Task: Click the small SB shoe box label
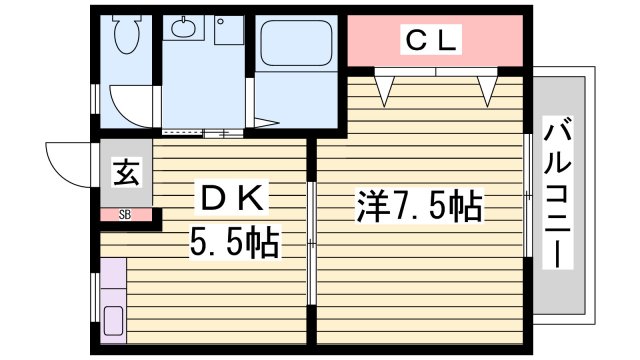click(125, 214)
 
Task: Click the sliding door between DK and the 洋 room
click(312, 243)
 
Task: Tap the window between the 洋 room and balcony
click(527, 196)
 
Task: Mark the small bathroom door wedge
click(264, 123)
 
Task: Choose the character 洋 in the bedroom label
click(369, 208)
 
